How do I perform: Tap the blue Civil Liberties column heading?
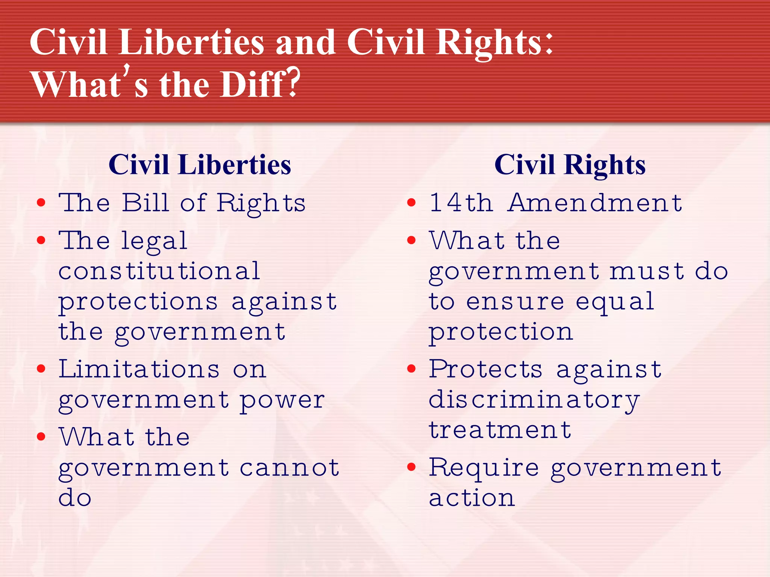tap(200, 165)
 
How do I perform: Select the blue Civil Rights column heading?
tap(570, 165)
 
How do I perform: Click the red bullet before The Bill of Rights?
tap(41, 203)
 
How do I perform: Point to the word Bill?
tap(146, 203)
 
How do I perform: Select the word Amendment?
tap(595, 203)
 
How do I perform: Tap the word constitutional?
tap(159, 271)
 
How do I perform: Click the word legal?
tap(154, 242)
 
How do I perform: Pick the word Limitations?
tap(139, 369)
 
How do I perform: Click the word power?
tap(282, 400)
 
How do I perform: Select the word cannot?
tap(290, 468)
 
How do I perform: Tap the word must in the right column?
tap(647, 271)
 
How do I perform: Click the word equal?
tap(615, 302)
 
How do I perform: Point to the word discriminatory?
tap(534, 400)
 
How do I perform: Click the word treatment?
tap(500, 430)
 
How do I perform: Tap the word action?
tap(472, 498)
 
